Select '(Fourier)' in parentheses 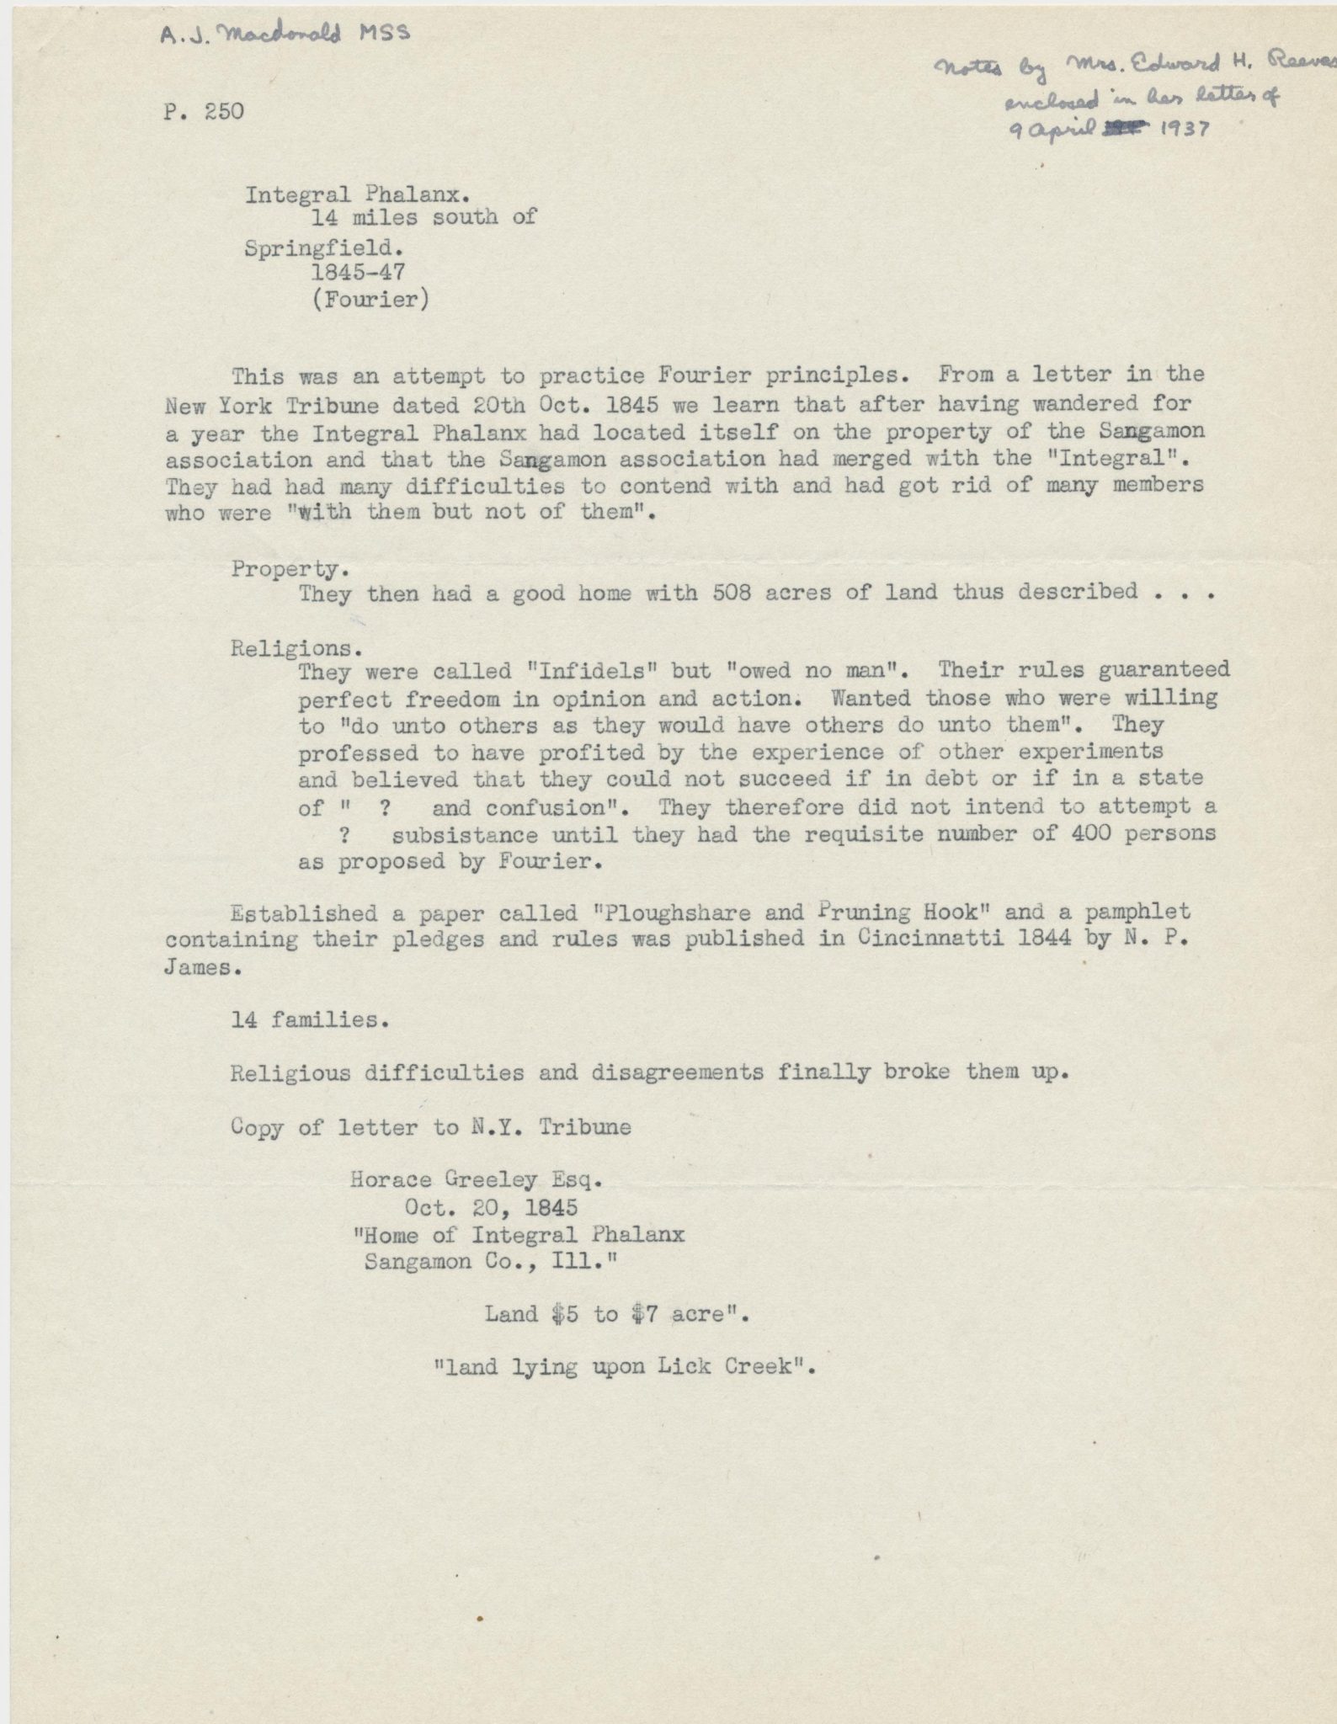(370, 300)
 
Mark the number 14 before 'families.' (245, 1020)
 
